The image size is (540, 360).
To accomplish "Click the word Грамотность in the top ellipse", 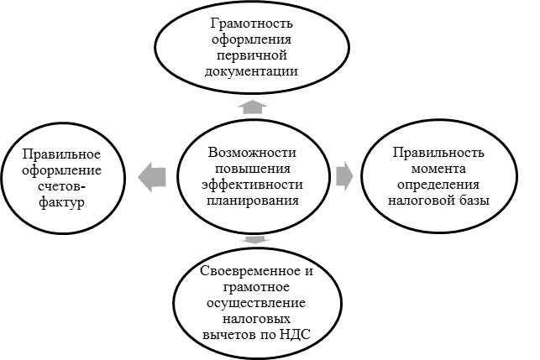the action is tap(252, 23).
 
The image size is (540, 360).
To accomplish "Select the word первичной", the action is tap(252, 55).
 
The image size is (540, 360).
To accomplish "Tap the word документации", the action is tap(251, 71).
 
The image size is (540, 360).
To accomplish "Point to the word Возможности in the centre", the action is tap(252, 152).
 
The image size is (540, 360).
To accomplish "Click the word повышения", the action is tap(253, 169).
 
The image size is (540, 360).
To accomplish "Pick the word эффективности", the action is tap(252, 184).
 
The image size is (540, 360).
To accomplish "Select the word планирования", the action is tap(253, 201).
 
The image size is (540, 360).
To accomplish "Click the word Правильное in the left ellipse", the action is tap(61, 154).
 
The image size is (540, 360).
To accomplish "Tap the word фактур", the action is tap(61, 202).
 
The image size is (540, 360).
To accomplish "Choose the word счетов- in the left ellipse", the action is tap(62, 186).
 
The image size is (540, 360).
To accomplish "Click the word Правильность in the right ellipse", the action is tap(438, 153).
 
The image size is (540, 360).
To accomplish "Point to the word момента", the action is tap(438, 170).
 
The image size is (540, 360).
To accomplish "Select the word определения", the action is tap(438, 185).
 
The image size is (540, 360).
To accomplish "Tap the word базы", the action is tap(474, 201).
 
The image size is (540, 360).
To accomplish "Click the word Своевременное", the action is tap(251, 271).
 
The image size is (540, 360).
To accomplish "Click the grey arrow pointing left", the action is tap(152, 177).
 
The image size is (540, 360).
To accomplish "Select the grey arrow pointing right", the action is tap(344, 176).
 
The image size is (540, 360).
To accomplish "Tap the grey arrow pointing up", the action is tap(253, 107).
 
